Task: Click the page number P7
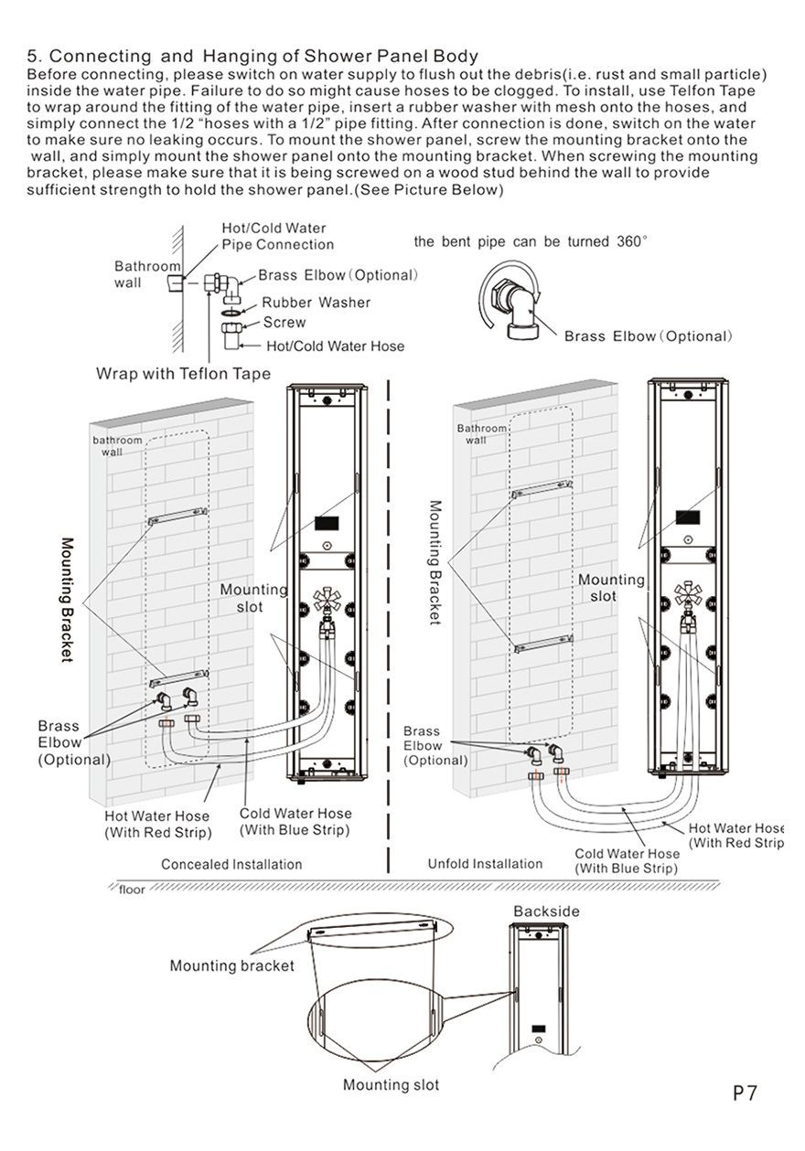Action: point(745,1093)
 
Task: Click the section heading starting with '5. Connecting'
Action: point(252,57)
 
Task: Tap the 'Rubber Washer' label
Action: point(316,303)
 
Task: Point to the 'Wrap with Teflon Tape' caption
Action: point(183,374)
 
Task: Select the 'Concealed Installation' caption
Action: point(231,864)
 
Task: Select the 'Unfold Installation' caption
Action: point(485,864)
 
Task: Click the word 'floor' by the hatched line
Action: point(132,889)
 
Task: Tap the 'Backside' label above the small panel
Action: point(546,911)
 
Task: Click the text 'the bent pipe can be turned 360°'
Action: point(531,242)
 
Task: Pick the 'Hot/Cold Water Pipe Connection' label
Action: point(277,236)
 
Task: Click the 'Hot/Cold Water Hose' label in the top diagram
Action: point(335,346)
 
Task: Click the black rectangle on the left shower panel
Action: point(326,525)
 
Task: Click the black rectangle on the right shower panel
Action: point(687,516)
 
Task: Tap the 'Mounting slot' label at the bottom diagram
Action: point(391,1085)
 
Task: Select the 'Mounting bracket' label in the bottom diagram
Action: point(231,965)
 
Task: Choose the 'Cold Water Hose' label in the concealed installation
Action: point(295,821)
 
